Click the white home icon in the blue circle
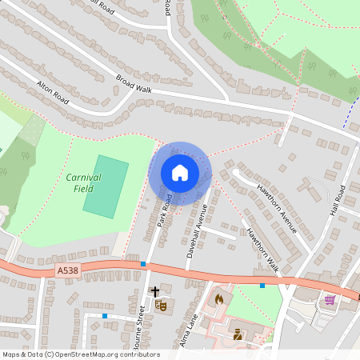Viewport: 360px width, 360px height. [179, 173]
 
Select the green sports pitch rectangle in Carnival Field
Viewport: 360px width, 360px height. [106, 186]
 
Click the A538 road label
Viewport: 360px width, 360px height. [69, 272]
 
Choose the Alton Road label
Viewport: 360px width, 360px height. [54, 91]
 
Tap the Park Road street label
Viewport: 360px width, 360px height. [165, 210]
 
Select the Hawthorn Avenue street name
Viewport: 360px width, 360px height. [277, 208]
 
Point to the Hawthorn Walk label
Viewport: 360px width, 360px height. [262, 250]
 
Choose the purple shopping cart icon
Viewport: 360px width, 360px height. [330, 300]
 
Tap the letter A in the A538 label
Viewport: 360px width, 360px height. [61, 272]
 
